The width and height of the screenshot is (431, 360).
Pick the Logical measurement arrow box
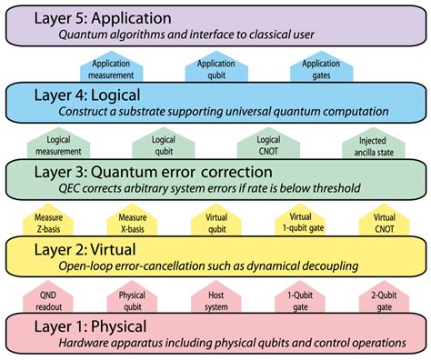pos(55,145)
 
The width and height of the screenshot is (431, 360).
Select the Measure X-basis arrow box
pos(132,222)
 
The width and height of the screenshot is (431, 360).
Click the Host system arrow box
pos(216,299)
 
